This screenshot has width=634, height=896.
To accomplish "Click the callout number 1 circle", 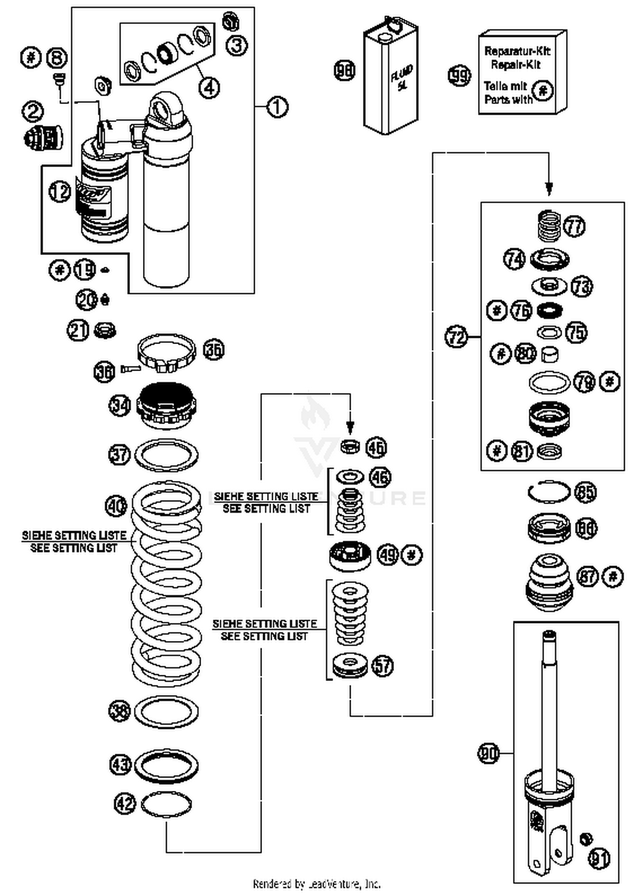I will pyautogui.click(x=277, y=107).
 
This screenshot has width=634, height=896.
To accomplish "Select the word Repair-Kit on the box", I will pyautogui.click(x=515, y=65).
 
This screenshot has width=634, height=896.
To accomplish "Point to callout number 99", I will pyautogui.click(x=459, y=76).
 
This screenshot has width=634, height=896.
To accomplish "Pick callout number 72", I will pyautogui.click(x=456, y=337).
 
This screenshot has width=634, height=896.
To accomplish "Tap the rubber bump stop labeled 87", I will pyautogui.click(x=549, y=582).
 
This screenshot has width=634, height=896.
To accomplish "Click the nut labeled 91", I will pyautogui.click(x=585, y=839).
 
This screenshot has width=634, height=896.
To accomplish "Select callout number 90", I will pyautogui.click(x=488, y=753).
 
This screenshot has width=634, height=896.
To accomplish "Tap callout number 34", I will pyautogui.click(x=120, y=405).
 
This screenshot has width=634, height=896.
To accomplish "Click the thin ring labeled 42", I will pyautogui.click(x=166, y=804).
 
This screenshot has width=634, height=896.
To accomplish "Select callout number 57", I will pyautogui.click(x=382, y=666).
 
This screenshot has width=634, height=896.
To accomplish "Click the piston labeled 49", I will pyautogui.click(x=350, y=555).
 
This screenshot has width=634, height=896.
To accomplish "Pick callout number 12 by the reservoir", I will pyautogui.click(x=60, y=192).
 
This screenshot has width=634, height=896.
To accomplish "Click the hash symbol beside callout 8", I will pyautogui.click(x=31, y=57).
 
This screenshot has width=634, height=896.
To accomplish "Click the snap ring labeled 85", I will pyautogui.click(x=549, y=492).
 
